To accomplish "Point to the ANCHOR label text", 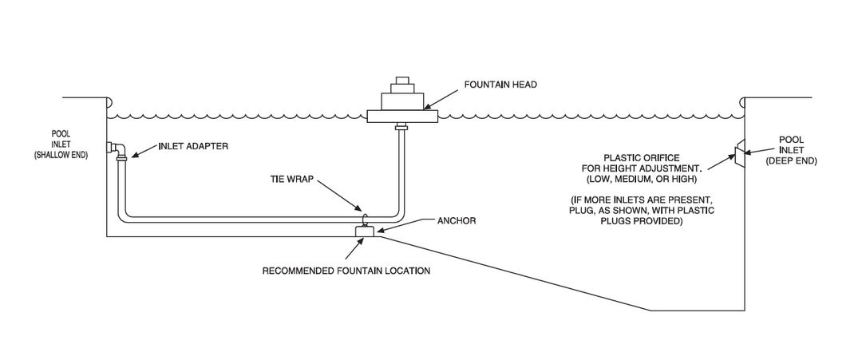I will [x=457, y=220].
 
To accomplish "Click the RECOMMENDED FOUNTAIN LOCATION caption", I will [x=346, y=271].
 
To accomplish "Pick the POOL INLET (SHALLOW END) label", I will [x=61, y=144].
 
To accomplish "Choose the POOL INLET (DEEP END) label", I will [x=791, y=150].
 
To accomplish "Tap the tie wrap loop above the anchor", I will [x=365, y=219].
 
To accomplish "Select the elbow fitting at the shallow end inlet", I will [x=118, y=148].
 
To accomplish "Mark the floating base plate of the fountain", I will [x=402, y=117].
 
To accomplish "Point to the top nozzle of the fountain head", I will [x=402, y=81].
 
